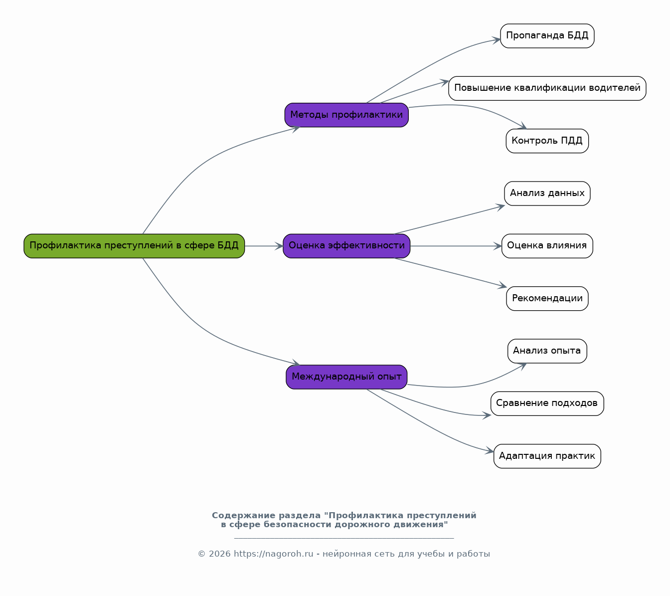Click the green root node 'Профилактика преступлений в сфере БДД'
(134, 246)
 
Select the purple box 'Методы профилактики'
(346, 115)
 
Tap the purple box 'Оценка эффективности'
(346, 246)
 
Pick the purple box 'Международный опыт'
(346, 377)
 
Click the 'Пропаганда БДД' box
(547, 36)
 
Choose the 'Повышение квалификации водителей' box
(547, 88)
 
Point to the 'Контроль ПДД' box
(547, 141)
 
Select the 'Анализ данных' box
(547, 194)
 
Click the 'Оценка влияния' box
(547, 246)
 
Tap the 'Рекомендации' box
(547, 299)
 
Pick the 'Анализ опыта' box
(547, 351)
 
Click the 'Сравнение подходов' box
(547, 403)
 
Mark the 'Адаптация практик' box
(547, 456)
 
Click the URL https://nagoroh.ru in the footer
(273, 554)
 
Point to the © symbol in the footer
(201, 554)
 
